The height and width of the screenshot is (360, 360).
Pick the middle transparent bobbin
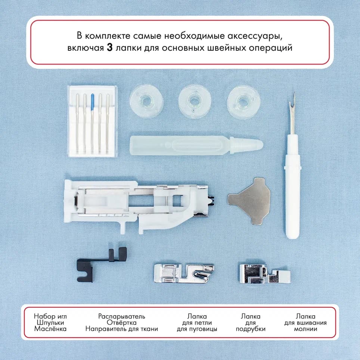click(195, 101)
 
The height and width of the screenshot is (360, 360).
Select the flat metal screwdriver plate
click(249, 200)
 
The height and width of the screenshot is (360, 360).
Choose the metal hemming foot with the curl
click(184, 272)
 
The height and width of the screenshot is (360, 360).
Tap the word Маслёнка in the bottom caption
click(50, 329)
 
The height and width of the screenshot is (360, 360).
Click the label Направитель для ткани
click(122, 329)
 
